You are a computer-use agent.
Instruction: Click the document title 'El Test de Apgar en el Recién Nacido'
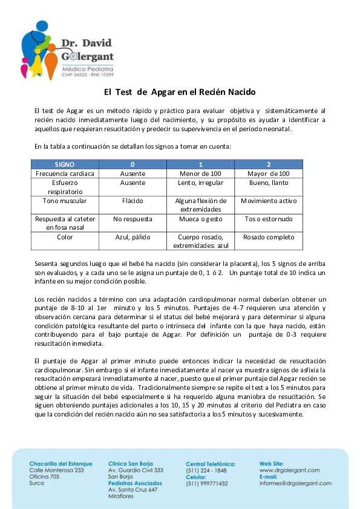180,92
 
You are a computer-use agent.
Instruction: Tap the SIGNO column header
65,164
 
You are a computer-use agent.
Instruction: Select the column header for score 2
269,164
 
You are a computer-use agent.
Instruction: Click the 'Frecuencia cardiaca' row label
65,173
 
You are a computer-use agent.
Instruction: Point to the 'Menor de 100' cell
200,173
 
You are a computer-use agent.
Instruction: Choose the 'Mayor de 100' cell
269,173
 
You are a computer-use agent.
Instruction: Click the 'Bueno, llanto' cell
269,183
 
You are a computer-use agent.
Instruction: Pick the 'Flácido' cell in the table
133,201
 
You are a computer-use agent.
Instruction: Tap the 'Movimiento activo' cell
269,201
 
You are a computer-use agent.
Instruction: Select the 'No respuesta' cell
133,219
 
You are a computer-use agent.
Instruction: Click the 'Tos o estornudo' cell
269,219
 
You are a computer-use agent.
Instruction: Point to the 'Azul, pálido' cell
133,237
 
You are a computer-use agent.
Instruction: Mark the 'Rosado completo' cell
269,237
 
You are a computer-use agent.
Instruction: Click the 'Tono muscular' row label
65,201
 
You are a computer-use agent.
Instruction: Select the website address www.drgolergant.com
289,470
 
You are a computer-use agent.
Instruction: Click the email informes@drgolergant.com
295,483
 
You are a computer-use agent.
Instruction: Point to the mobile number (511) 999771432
207,484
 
